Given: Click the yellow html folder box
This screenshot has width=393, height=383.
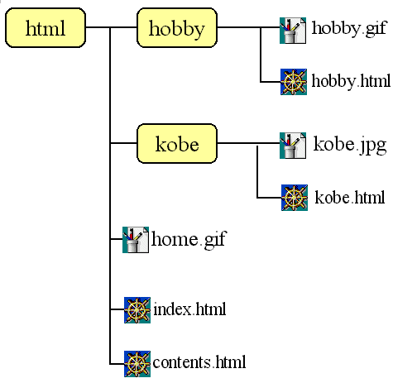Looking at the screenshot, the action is (x=46, y=27).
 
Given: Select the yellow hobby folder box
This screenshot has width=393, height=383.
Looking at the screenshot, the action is (x=177, y=27).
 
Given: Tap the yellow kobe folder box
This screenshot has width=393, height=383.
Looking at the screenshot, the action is (x=177, y=143).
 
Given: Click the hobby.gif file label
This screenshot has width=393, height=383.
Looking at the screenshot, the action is (x=349, y=29).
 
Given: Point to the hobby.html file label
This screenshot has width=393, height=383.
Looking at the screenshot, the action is (x=351, y=81).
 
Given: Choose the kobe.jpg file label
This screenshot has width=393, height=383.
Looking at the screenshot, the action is (x=350, y=145).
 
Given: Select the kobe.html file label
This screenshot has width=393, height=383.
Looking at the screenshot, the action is (x=350, y=197).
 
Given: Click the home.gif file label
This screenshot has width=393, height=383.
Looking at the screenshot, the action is (x=189, y=240).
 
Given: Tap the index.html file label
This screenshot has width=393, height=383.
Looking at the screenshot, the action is (x=189, y=309).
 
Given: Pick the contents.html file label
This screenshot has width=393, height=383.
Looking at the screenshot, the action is (x=199, y=361).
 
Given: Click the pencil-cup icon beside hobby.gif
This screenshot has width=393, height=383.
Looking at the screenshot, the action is (x=293, y=31).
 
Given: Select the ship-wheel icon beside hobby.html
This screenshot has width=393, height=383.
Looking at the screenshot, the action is (x=294, y=82).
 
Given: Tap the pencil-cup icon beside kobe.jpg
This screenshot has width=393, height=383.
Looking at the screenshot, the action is (x=293, y=146).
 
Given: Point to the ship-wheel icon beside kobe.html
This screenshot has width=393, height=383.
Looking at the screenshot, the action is (x=295, y=198).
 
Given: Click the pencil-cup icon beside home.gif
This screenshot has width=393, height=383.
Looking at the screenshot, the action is (x=136, y=240).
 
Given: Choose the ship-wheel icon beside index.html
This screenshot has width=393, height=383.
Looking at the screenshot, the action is (x=137, y=310).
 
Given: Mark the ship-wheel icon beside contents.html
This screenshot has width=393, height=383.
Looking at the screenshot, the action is (x=137, y=364).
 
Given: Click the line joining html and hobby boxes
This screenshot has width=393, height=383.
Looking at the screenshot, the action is (x=112, y=27).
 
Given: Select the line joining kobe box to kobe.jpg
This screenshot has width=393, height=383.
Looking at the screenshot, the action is (x=248, y=143).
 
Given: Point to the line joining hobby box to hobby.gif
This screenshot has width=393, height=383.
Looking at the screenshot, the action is (x=248, y=27).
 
